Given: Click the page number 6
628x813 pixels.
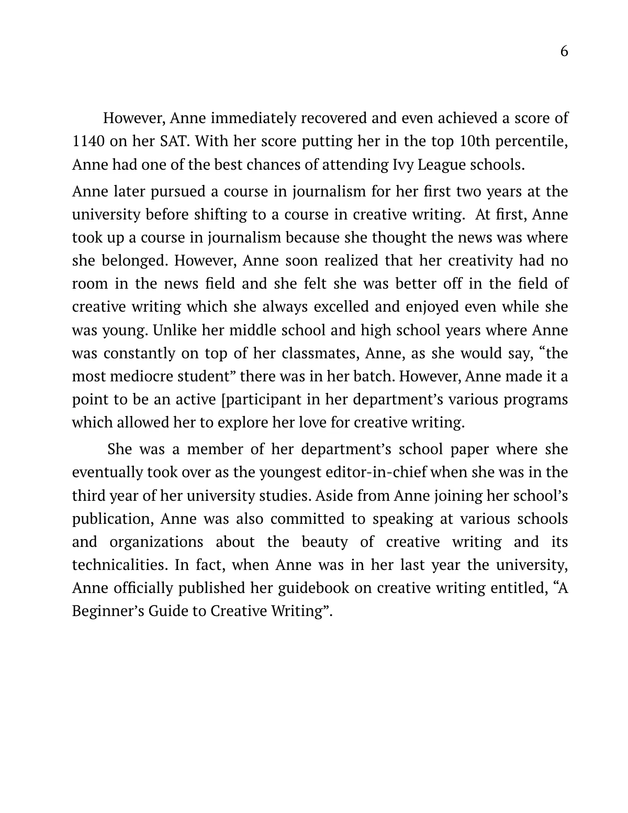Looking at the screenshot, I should click(564, 51).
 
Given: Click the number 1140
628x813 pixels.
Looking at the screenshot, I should click(87, 141).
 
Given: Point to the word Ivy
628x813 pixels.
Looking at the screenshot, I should click(402, 164).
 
